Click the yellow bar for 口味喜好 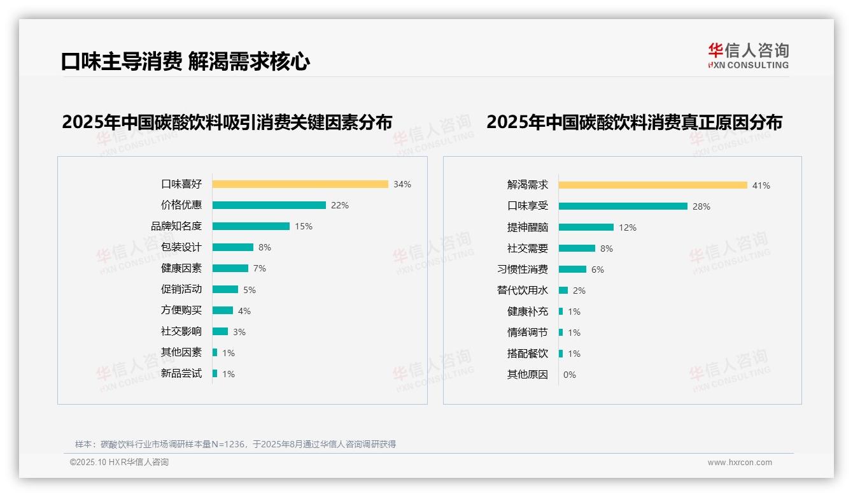coord(300,184)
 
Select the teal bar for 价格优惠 coord(269,205)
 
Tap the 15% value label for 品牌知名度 coord(304,226)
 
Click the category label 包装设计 coord(181,247)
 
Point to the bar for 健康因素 coord(230,268)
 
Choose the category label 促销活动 coord(181,289)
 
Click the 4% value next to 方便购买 coord(244,311)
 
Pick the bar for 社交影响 coord(220,331)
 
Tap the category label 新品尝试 coord(181,373)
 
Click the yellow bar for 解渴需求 coord(652,185)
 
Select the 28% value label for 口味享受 coord(701,206)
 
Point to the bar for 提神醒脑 coord(586,227)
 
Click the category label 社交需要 coord(527,248)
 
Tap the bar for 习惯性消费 coord(572,270)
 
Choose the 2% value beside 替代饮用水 coord(579,291)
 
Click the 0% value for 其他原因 coord(569,375)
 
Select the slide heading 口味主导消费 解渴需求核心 coord(185,62)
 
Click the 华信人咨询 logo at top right coord(748,55)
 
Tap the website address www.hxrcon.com coord(740,463)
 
